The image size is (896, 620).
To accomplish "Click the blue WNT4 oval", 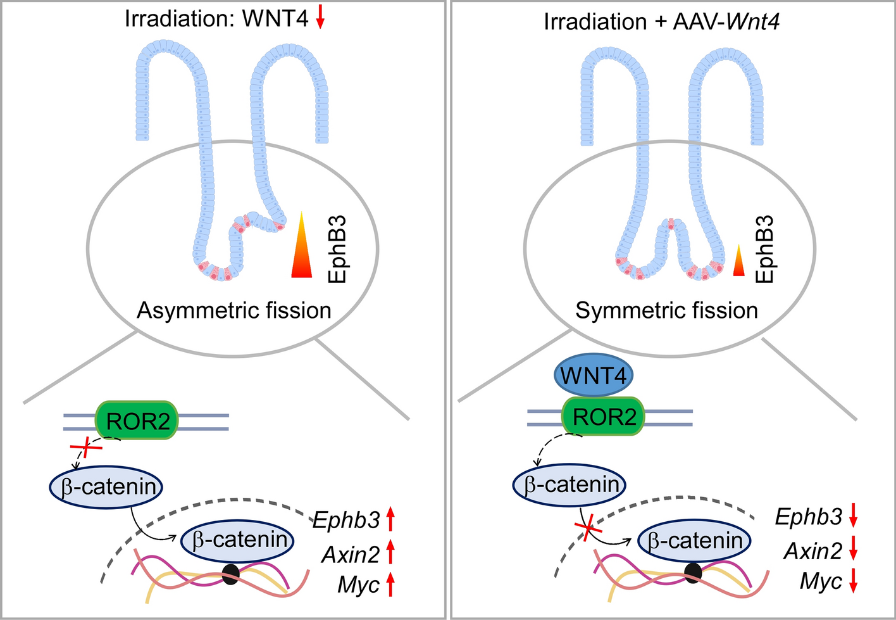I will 593,376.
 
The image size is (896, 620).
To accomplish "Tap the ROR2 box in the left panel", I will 137,421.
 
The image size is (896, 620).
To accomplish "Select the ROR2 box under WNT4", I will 604,417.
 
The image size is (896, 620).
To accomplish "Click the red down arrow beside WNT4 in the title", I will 320,18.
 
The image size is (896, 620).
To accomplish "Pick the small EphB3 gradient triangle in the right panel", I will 738,260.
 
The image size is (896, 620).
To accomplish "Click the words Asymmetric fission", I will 234,310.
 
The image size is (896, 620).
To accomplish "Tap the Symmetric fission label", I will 666,310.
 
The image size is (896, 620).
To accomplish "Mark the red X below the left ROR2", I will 85,450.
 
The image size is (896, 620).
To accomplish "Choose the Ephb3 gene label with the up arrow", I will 346,520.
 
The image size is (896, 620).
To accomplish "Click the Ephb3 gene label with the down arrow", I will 809,517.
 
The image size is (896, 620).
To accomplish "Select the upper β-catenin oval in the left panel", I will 106,487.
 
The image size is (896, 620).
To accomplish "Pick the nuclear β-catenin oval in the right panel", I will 695,541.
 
